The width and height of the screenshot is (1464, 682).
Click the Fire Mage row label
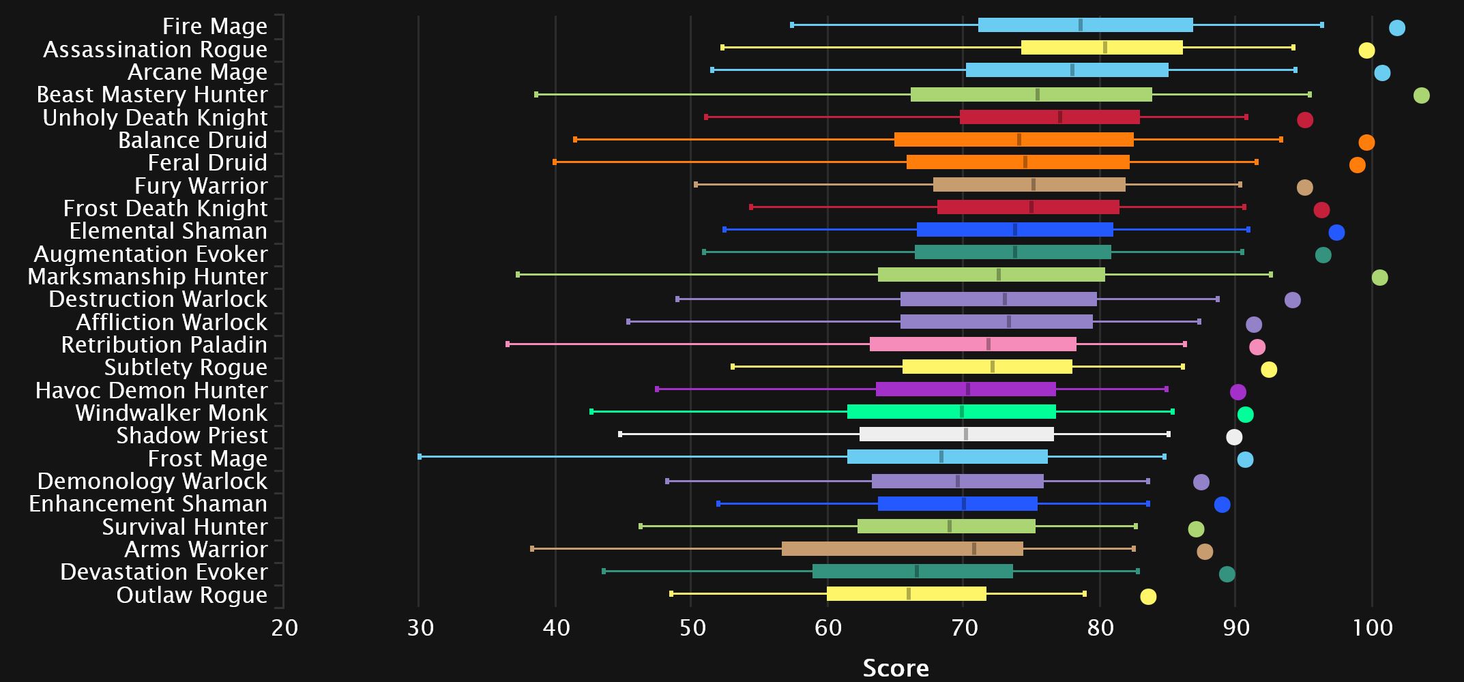coord(214,27)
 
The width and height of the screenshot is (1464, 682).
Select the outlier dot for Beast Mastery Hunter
coord(1421,95)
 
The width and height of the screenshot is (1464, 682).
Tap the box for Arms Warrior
coord(902,549)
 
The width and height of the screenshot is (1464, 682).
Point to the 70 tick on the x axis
coord(963,627)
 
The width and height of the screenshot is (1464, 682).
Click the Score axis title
coord(895,668)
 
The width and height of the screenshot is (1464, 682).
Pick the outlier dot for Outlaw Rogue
coord(1148,597)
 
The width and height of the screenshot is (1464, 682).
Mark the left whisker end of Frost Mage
coord(420,457)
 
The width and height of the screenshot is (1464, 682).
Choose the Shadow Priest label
coord(192,436)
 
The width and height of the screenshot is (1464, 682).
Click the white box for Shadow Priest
coord(956,434)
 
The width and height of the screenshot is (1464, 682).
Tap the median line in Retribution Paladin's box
coord(989,344)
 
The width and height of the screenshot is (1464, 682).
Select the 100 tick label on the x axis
coord(1372,627)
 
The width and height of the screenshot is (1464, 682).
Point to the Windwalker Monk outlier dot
coord(1245,415)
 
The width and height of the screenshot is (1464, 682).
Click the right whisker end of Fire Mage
coord(1322,25)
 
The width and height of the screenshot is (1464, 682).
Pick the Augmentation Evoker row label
coord(150,254)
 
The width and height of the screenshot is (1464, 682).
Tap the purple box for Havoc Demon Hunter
coord(965,389)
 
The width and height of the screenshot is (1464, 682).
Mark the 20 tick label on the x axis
coord(284,627)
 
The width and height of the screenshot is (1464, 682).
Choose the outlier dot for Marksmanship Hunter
coord(1379,278)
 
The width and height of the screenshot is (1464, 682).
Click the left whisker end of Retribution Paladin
coord(508,344)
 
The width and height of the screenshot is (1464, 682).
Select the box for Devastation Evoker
coord(912,572)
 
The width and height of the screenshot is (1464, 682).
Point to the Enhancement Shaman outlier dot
coord(1222,505)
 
